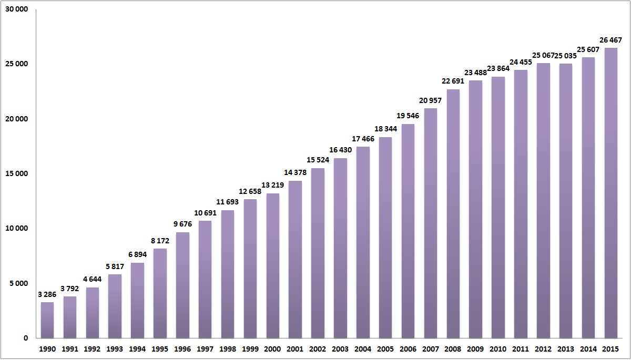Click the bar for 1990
[x=47, y=320]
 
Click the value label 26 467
[x=610, y=40]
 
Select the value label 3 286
[x=47, y=294]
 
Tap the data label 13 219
[x=272, y=185]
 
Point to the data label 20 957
[x=430, y=100]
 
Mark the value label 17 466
[x=363, y=139]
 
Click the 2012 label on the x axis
[x=543, y=349]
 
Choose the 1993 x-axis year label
[x=115, y=349]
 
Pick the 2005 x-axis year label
[x=385, y=349]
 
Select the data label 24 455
[x=521, y=62]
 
